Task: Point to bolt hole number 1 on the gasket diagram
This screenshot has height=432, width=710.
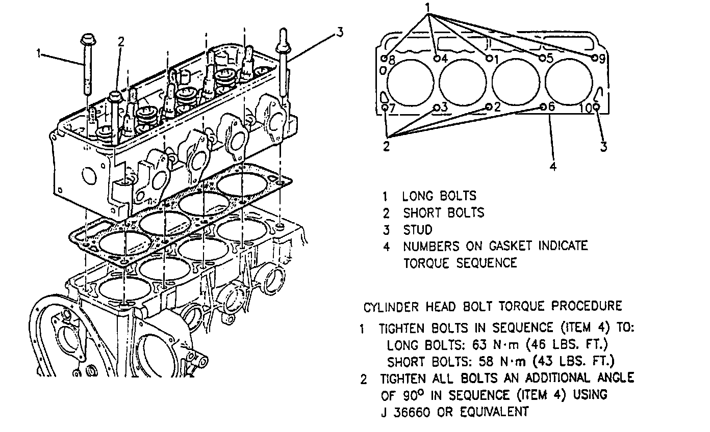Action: coord(489,58)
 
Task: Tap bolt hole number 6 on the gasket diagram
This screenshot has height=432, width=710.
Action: coord(543,107)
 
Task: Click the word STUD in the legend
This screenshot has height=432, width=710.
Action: coord(418,229)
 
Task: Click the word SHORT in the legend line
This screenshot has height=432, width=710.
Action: coord(423,212)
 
